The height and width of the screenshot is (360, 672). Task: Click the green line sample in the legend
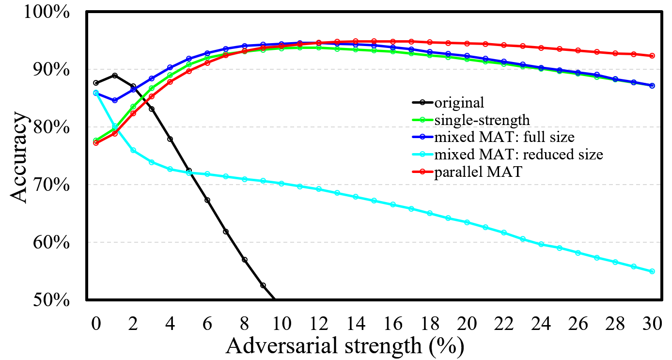click(x=422, y=120)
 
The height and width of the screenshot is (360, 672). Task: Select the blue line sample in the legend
click(x=422, y=137)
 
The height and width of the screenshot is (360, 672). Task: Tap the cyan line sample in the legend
click(x=422, y=154)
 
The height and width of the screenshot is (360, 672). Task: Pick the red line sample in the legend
click(x=422, y=172)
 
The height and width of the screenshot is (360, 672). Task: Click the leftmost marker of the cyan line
click(x=96, y=93)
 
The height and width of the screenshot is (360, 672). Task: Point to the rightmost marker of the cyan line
click(x=652, y=271)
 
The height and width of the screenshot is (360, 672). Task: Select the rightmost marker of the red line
click(x=652, y=56)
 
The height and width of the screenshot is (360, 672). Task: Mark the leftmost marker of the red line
click(x=96, y=143)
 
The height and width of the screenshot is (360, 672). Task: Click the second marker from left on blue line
click(x=115, y=100)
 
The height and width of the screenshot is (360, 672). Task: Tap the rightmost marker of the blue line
click(x=652, y=86)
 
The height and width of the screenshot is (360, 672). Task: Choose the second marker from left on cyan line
click(x=115, y=126)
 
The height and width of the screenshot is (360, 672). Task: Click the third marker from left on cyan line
click(x=133, y=151)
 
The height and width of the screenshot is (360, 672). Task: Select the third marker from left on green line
click(x=133, y=107)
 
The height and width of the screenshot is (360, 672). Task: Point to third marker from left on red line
click(x=133, y=113)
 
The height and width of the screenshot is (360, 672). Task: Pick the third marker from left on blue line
click(x=133, y=90)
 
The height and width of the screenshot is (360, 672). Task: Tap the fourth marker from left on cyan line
click(x=152, y=162)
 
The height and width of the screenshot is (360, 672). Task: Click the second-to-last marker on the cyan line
click(x=633, y=266)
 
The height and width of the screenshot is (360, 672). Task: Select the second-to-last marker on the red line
click(x=633, y=54)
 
